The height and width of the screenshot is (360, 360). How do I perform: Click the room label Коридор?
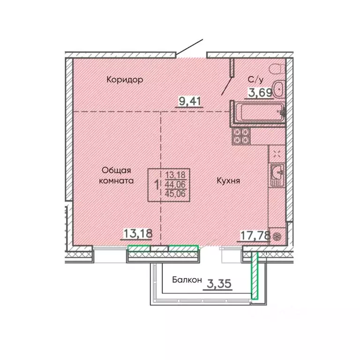pyautogui.click(x=124, y=80)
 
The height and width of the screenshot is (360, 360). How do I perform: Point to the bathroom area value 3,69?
pyautogui.click(x=260, y=93)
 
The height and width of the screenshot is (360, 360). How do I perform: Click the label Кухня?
pyautogui.click(x=228, y=180)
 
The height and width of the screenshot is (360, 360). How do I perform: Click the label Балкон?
pyautogui.click(x=187, y=280)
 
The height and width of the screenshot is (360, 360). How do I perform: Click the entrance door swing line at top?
pyautogui.click(x=190, y=47)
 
